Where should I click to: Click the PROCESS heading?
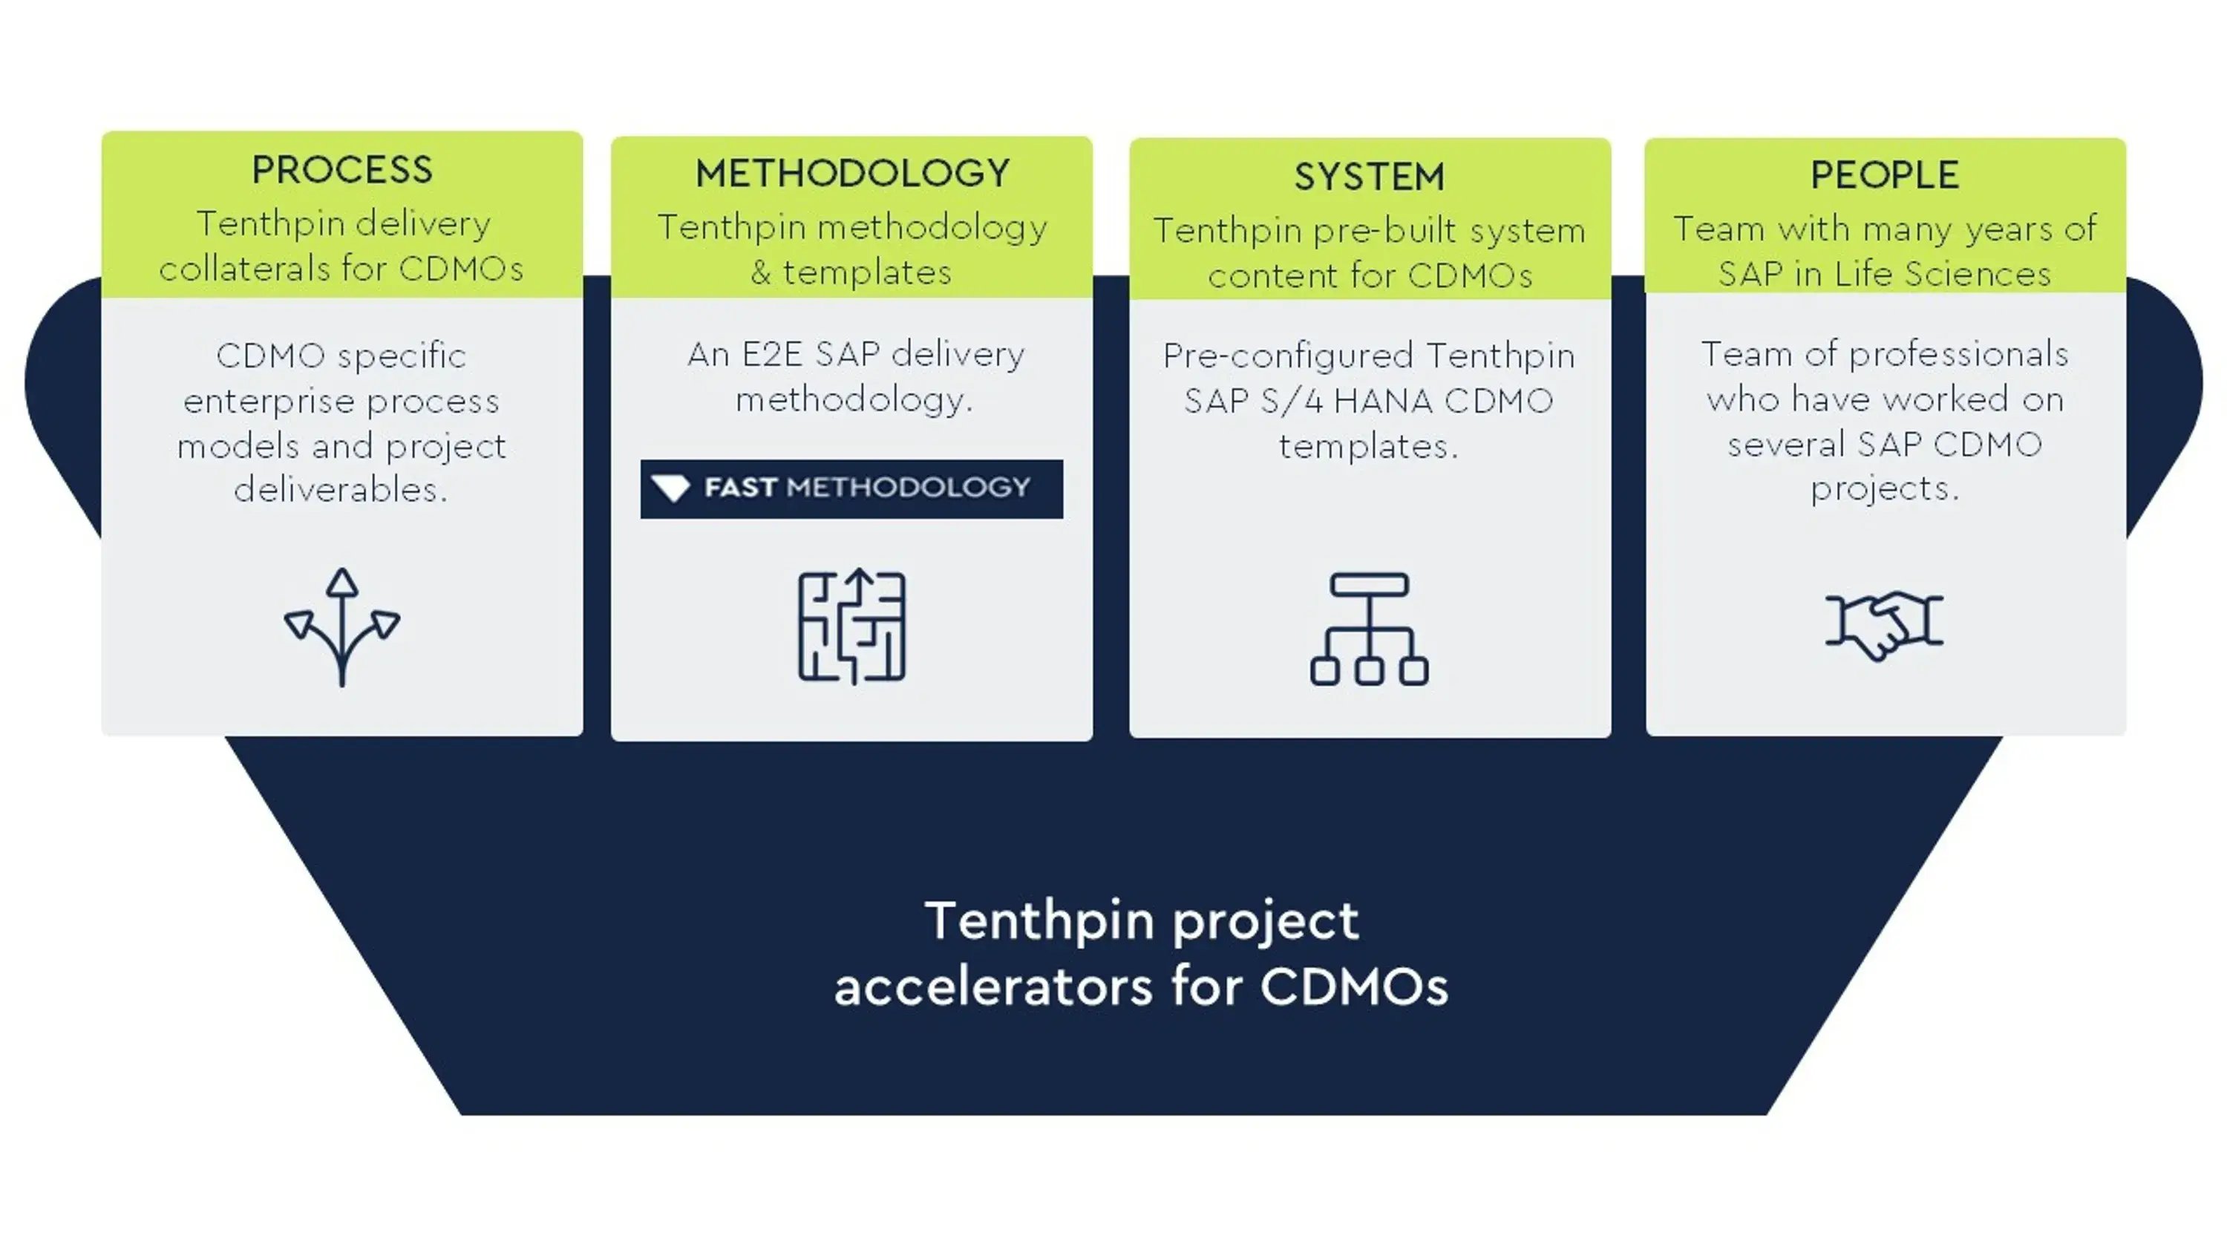tap(341, 169)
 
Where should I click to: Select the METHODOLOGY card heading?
tap(852, 173)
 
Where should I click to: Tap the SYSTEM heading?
tap(1370, 177)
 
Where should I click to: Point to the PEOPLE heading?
tap(1885, 174)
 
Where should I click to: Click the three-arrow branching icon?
tap(342, 627)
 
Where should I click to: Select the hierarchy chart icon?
tap(1370, 629)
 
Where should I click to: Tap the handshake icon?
tap(1885, 624)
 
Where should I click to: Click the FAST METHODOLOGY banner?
tap(851, 488)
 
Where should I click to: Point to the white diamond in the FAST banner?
tap(671, 488)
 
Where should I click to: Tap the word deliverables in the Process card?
tap(341, 491)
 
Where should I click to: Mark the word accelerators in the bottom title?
tap(993, 987)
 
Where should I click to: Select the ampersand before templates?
tap(761, 272)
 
